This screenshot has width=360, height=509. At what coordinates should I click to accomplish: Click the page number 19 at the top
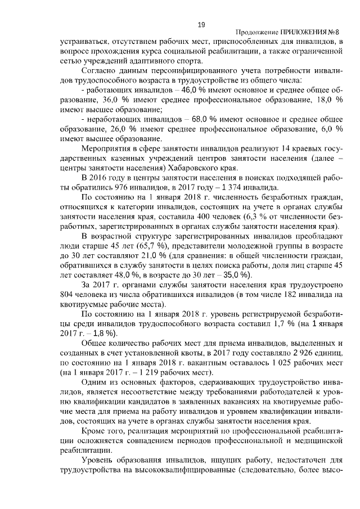click(201, 24)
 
